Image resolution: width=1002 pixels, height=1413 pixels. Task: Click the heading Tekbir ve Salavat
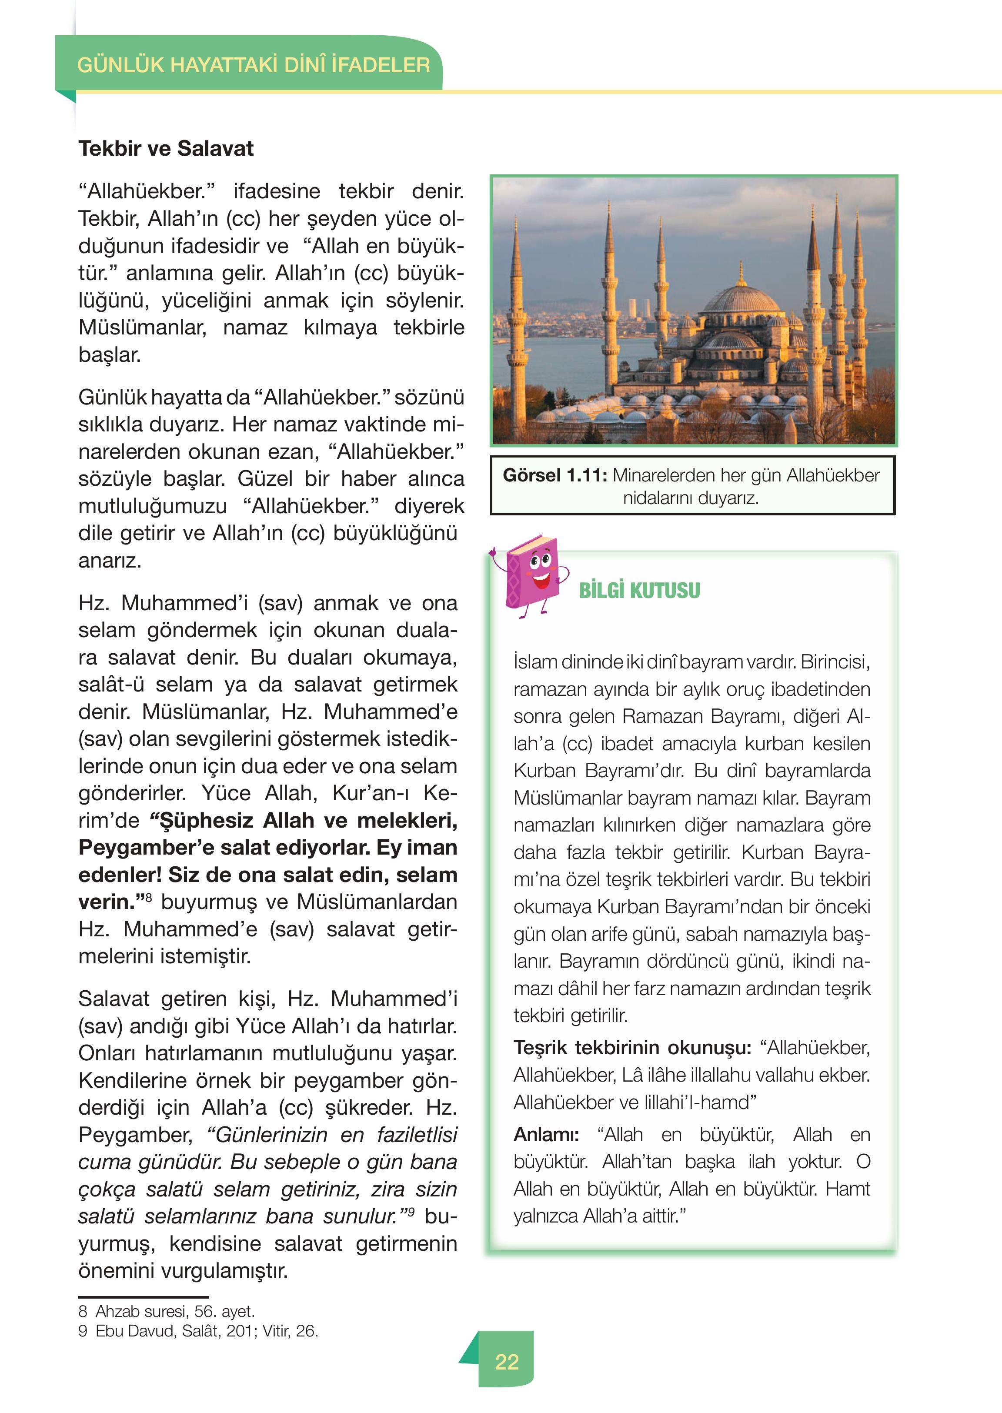tap(165, 149)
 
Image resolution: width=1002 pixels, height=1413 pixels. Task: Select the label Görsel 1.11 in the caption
tap(554, 476)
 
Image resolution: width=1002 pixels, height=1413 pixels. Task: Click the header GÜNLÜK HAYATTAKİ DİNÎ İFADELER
tap(253, 65)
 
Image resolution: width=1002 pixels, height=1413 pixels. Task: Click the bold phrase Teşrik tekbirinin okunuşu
tap(632, 1048)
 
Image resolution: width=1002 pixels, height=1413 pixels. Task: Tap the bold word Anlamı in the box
tap(545, 1135)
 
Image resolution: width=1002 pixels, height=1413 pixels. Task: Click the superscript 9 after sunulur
tap(411, 1212)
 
